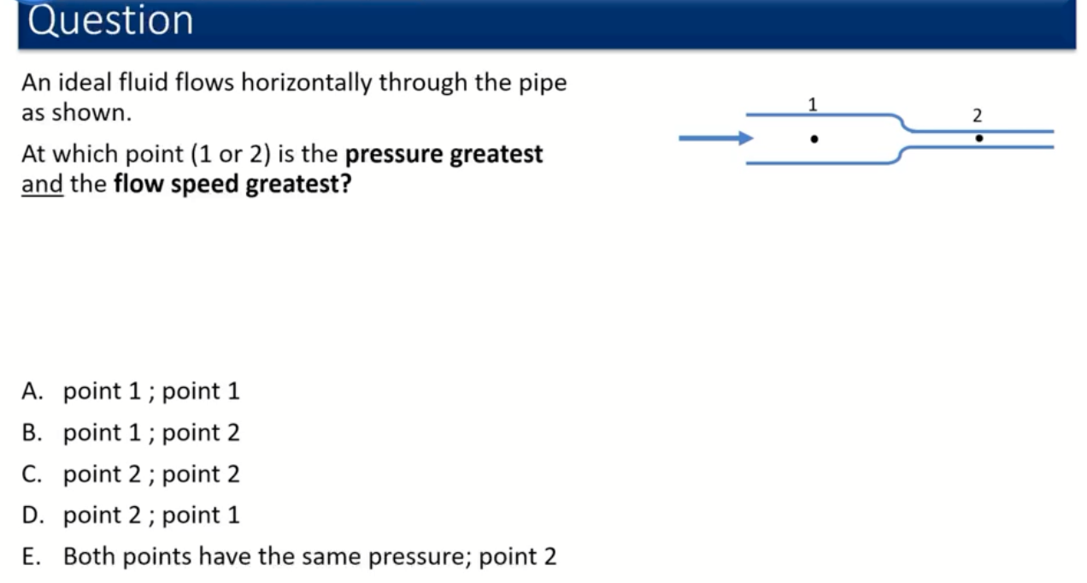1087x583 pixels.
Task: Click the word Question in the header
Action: pos(110,21)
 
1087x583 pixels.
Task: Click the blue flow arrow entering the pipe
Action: pos(716,138)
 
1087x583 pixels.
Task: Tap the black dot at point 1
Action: pos(814,139)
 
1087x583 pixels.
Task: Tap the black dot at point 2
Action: pos(979,138)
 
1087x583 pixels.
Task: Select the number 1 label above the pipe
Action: pos(813,104)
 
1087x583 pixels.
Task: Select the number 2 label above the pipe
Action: pos(978,115)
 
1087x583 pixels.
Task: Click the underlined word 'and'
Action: pos(42,184)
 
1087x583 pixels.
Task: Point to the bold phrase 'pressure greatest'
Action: pos(444,155)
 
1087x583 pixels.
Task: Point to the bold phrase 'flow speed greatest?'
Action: pos(232,185)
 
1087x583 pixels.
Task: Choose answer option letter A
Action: pos(32,392)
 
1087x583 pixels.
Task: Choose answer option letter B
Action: pos(32,433)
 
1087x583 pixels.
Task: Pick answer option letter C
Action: pos(32,474)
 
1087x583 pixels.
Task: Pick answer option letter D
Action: pos(32,515)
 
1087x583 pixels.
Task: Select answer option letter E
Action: pos(31,556)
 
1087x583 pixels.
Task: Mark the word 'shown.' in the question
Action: pos(91,113)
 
